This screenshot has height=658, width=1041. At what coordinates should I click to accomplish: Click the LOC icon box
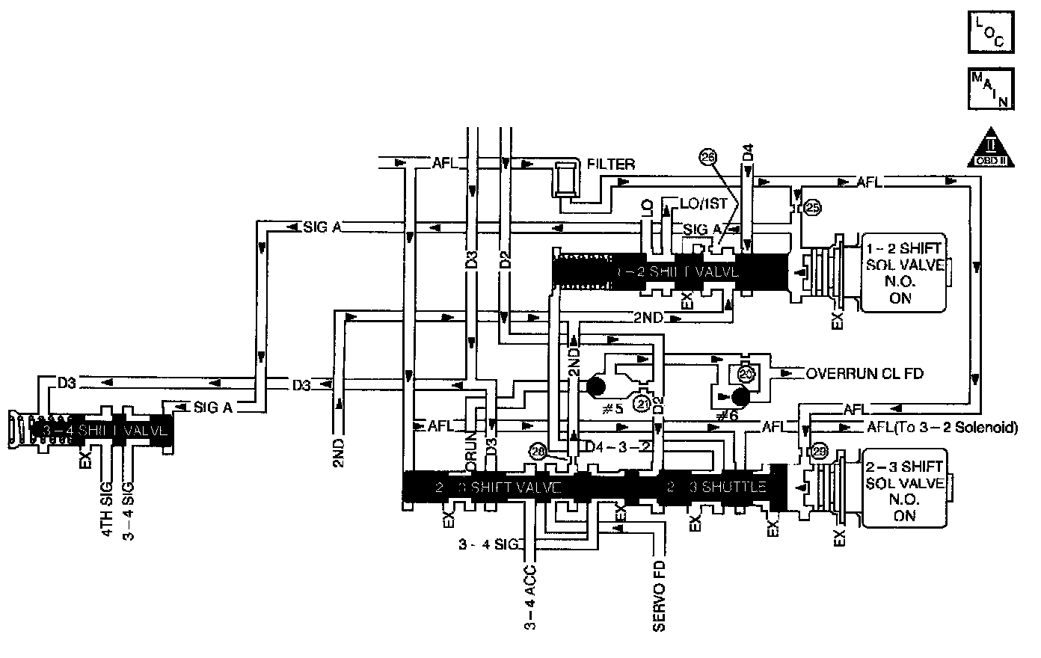(991, 31)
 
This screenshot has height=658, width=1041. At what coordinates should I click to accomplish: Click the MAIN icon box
(991, 87)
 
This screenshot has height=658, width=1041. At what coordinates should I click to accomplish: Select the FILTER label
(611, 164)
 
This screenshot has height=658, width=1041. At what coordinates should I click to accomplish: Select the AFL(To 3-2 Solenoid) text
(942, 428)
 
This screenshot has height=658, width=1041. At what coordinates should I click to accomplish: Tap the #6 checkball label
(726, 415)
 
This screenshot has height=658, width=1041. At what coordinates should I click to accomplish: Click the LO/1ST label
(702, 203)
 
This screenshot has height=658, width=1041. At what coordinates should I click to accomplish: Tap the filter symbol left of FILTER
(565, 179)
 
